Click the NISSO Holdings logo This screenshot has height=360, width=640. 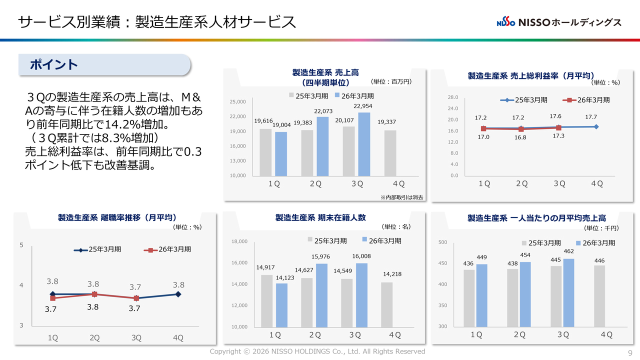(x=559, y=22)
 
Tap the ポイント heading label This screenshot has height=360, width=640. (x=53, y=65)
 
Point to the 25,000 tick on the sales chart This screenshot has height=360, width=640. (x=237, y=102)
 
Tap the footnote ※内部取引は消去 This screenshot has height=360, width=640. (x=401, y=197)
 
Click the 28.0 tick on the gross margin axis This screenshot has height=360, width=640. (x=453, y=97)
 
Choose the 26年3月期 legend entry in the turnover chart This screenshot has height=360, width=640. (x=167, y=249)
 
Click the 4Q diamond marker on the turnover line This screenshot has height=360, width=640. (x=178, y=294)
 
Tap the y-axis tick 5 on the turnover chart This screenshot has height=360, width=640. (x=21, y=245)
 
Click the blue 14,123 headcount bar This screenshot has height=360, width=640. (x=281, y=305)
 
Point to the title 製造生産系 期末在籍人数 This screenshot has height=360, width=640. (x=320, y=217)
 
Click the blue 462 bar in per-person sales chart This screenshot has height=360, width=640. (x=569, y=292)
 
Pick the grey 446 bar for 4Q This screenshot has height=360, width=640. (x=599, y=295)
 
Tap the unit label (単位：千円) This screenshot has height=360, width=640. (x=601, y=228)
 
